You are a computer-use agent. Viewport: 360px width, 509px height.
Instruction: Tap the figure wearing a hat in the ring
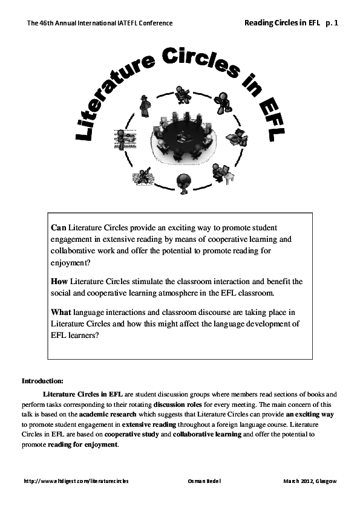145,106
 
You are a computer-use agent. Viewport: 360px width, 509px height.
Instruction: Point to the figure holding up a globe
183,181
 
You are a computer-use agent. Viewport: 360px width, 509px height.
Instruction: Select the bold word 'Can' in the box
58,228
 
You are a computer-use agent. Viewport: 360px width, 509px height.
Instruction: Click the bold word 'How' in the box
60,281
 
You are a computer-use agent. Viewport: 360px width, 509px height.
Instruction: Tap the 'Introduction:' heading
42,381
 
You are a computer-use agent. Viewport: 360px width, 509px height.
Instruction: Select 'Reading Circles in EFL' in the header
281,22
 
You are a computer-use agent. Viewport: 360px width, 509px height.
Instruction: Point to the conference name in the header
100,23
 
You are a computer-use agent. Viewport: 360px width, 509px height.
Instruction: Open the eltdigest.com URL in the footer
76,481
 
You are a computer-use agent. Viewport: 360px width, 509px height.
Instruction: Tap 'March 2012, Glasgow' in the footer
310,481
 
